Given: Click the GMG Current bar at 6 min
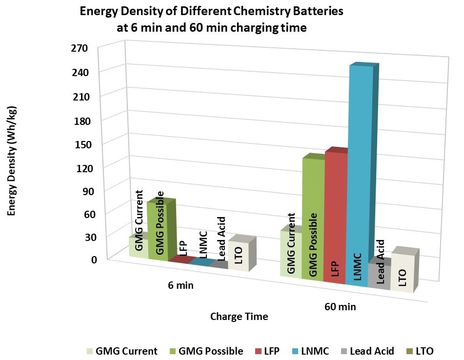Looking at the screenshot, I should point(138,247).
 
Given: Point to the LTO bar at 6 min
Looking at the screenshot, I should point(238,256).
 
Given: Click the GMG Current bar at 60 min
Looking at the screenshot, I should point(291,254).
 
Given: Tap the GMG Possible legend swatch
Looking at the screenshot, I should point(172,351).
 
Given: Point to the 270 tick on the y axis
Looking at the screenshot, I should point(78,48).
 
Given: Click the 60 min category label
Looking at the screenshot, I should point(340,307).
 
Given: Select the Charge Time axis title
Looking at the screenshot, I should point(239,317).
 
